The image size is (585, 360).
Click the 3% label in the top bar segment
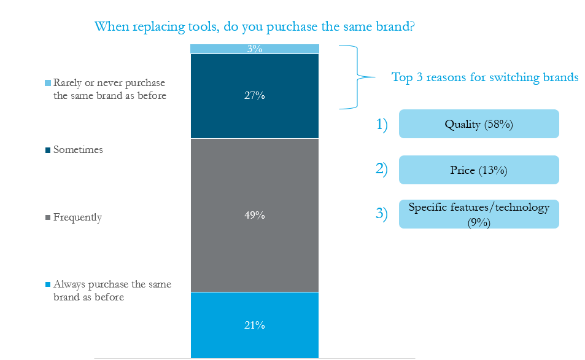pos(255,49)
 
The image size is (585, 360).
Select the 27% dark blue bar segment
pos(255,96)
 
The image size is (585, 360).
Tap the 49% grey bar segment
pos(255,215)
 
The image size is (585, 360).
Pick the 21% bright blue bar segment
pos(255,325)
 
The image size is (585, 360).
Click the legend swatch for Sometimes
pos(48,150)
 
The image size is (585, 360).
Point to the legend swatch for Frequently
pos(48,217)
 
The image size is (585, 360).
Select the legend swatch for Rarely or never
pos(48,83)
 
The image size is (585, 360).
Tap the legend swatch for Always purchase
pos(48,284)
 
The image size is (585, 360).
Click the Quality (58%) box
pos(479,124)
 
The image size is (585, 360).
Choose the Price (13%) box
pos(479,170)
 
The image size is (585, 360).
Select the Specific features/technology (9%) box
pos(479,214)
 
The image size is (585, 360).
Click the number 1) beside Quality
pos(382,124)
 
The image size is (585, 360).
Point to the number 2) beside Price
pos(382,169)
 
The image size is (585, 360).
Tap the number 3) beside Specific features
pos(382,213)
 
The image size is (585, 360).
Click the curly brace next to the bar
pos(357,77)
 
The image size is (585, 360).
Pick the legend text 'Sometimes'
pos(78,150)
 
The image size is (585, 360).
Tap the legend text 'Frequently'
pos(77,217)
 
